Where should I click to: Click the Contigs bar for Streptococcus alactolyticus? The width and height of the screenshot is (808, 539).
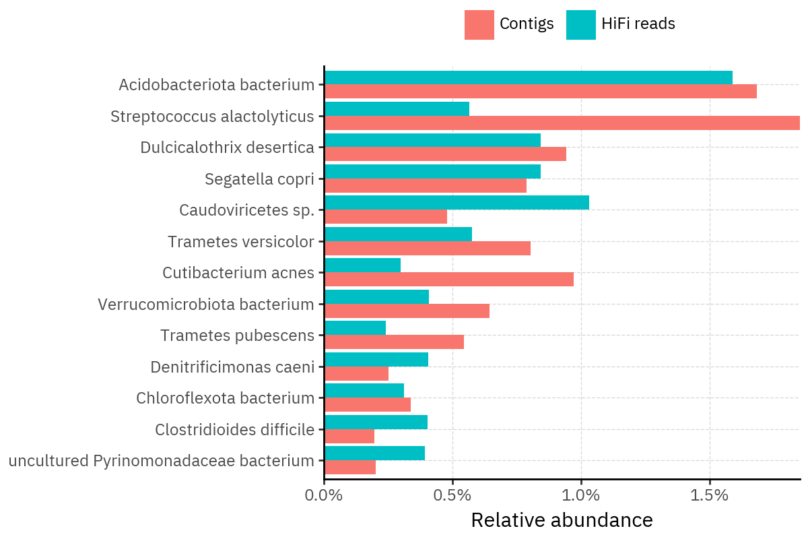pyautogui.click(x=562, y=123)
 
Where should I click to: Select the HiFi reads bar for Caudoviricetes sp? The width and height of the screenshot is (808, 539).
pyautogui.click(x=457, y=202)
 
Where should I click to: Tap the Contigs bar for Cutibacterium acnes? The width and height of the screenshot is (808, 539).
pyautogui.click(x=448, y=279)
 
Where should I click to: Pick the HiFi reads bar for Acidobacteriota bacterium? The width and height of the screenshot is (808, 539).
pyautogui.click(x=528, y=77)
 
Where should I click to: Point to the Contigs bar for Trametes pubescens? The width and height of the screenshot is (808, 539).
pyautogui.click(x=394, y=342)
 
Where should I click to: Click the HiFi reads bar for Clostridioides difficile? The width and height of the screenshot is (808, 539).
pyautogui.click(x=376, y=422)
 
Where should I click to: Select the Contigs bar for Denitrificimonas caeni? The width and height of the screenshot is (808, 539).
pyautogui.click(x=356, y=373)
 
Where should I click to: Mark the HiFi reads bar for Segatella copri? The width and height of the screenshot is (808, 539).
pyautogui.click(x=432, y=171)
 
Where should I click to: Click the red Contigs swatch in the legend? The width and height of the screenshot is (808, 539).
pyautogui.click(x=479, y=25)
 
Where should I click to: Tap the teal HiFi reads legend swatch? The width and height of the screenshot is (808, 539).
pyautogui.click(x=580, y=25)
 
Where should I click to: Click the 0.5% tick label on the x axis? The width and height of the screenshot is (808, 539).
pyautogui.click(x=452, y=495)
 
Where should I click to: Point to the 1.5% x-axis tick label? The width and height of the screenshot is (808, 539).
pyautogui.click(x=710, y=495)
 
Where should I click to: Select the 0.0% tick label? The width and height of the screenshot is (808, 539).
pyautogui.click(x=324, y=495)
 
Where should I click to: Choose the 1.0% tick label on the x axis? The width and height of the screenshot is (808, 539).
pyautogui.click(x=581, y=495)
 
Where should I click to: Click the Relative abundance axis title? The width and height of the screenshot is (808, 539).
pyautogui.click(x=562, y=520)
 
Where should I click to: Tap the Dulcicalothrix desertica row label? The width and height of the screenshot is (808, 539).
pyautogui.click(x=227, y=148)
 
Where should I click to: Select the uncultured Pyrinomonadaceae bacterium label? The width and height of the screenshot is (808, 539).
pyautogui.click(x=162, y=461)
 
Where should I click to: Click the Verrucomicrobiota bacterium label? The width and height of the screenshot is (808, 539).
pyautogui.click(x=206, y=305)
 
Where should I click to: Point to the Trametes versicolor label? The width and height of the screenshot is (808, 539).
pyautogui.click(x=241, y=242)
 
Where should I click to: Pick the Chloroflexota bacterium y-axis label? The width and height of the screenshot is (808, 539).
pyautogui.click(x=226, y=398)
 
